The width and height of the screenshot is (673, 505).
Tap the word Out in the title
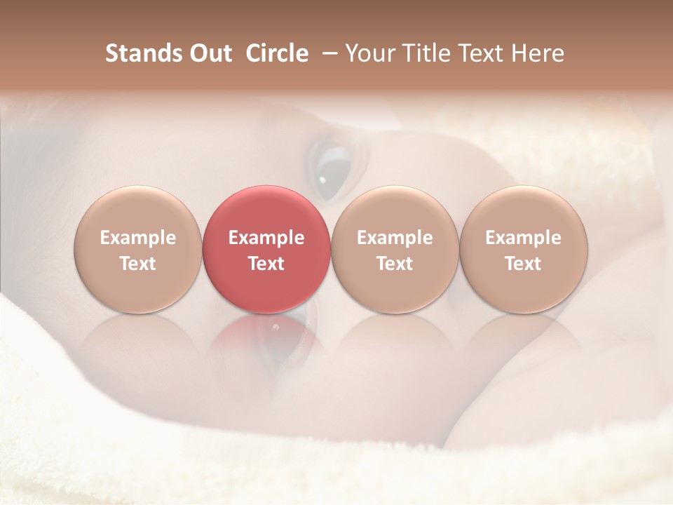point(208,53)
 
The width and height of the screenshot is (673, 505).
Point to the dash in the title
point(327,53)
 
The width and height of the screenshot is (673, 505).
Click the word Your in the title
point(370,53)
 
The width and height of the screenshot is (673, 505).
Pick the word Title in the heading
point(423,53)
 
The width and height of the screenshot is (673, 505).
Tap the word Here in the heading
point(538,53)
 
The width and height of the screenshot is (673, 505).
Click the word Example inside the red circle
point(266,238)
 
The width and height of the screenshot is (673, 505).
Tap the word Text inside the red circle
point(266,264)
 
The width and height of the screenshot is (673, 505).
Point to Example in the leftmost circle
point(137,238)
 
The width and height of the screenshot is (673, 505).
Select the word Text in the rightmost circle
point(523,264)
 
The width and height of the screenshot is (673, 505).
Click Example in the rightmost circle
point(523,238)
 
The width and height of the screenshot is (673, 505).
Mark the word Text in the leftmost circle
point(137,264)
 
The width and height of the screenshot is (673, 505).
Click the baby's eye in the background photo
point(334,168)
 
